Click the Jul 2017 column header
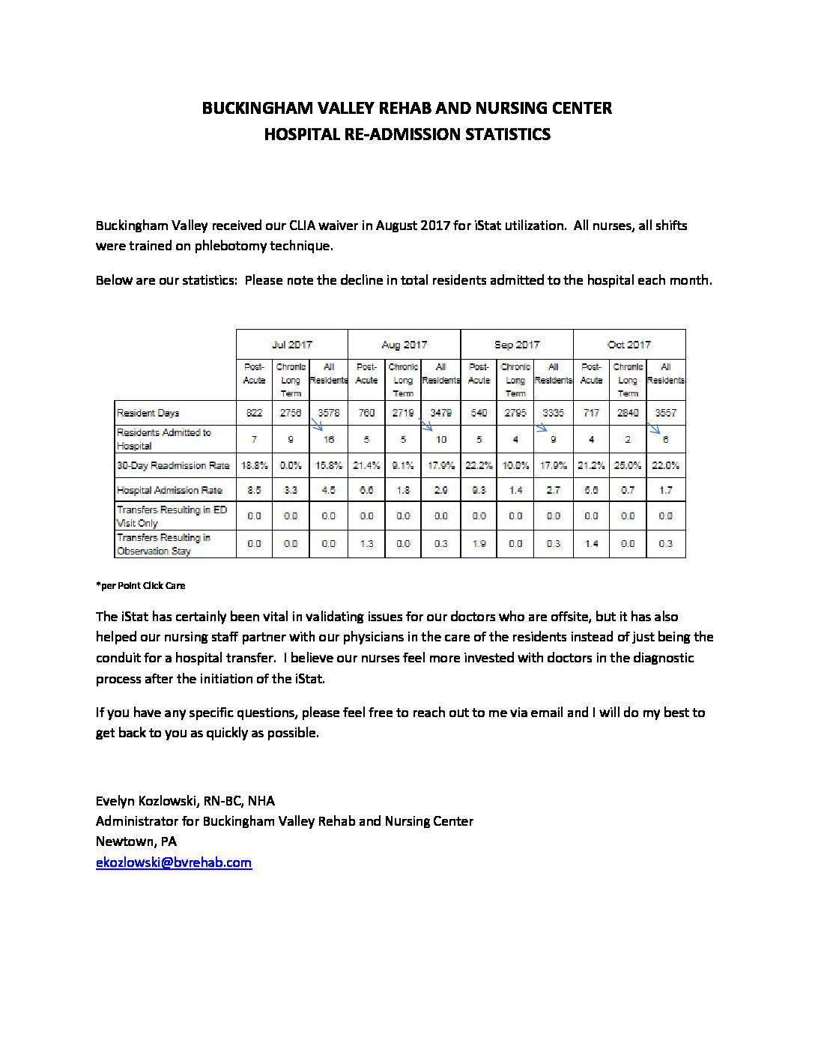[x=291, y=345]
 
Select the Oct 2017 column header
[x=629, y=345]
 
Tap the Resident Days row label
[x=148, y=413]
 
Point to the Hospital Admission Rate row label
[x=169, y=490]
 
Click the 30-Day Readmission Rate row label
[x=173, y=465]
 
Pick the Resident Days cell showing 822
[x=254, y=413]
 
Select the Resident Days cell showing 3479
[x=440, y=413]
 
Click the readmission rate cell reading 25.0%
[x=628, y=465]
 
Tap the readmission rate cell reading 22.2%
[x=479, y=465]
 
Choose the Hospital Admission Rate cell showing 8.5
[x=254, y=490]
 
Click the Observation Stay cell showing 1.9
[x=479, y=544]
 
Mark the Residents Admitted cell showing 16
[x=328, y=440]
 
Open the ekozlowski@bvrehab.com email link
[x=174, y=862]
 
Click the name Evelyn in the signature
[x=117, y=800]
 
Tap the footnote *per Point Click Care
[x=140, y=586]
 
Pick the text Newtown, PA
[x=136, y=841]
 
